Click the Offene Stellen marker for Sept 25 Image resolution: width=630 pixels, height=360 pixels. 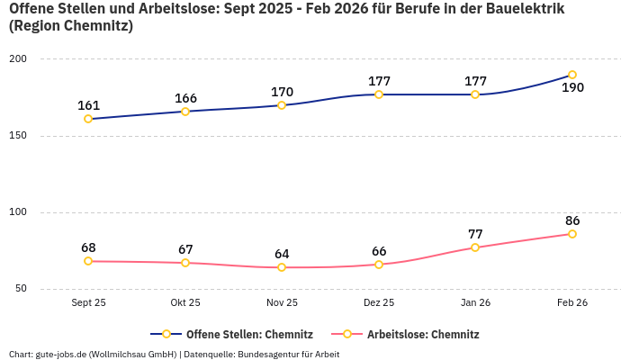click(88, 119)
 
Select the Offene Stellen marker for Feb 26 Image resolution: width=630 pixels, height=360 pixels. click(572, 75)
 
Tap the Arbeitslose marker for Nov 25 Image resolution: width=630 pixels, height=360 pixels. click(282, 267)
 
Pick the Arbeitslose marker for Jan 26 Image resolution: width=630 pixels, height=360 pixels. click(475, 247)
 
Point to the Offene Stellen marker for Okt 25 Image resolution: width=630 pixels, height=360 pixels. click(185, 112)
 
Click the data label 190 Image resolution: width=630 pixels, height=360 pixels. click(572, 88)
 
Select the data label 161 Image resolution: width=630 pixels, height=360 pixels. click(88, 105)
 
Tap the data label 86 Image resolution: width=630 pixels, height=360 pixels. click(572, 220)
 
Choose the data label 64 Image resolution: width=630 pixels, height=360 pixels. click(282, 254)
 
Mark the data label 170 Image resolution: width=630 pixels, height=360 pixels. click(282, 92)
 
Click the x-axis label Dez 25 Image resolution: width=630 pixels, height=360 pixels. click(379, 302)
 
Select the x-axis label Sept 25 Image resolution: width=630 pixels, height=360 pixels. click(88, 302)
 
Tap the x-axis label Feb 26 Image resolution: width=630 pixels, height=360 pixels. click(572, 302)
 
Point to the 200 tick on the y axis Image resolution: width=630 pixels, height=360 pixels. click(18, 59)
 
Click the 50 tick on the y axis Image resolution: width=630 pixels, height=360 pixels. click(21, 289)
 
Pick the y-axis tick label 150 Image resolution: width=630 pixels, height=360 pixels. click(18, 136)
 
